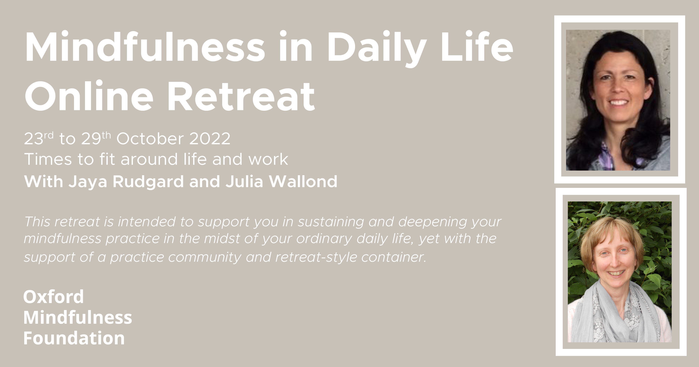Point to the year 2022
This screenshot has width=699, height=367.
point(210,139)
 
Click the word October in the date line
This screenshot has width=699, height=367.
point(150,139)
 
